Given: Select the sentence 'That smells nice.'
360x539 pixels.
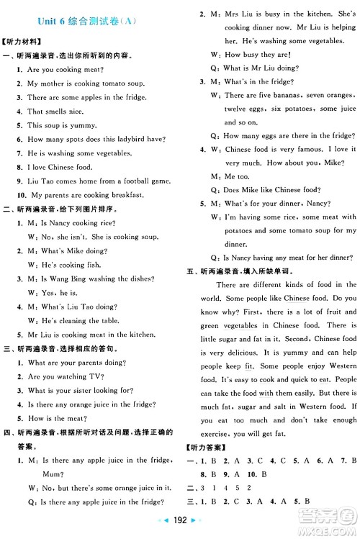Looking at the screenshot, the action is click(x=55, y=112).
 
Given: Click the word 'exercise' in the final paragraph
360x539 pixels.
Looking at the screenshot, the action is click(x=209, y=433).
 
